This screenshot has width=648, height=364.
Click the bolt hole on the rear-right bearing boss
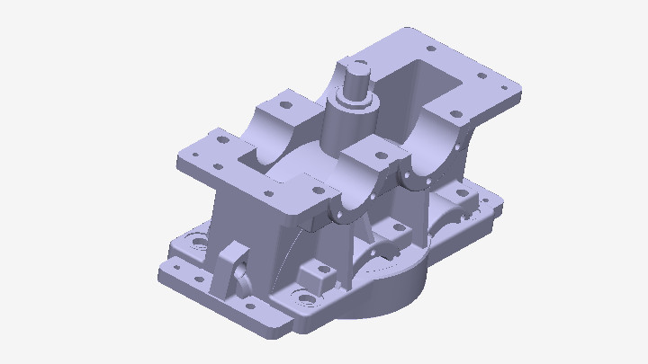point(455,114)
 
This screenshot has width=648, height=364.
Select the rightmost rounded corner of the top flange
point(518,93)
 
